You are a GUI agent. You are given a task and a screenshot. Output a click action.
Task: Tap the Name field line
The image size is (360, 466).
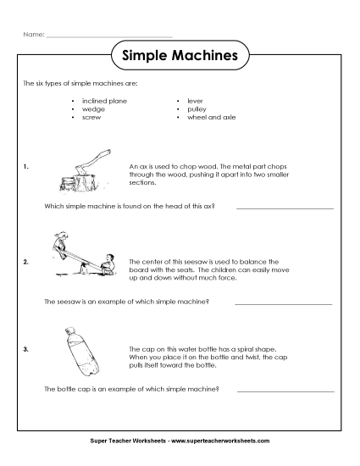coord(108,36)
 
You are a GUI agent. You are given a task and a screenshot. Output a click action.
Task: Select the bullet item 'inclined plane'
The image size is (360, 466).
coord(103,100)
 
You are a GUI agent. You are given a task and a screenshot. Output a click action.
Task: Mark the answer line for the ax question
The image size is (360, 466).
coord(285,208)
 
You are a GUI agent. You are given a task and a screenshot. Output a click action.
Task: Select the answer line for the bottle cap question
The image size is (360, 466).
coord(285,391)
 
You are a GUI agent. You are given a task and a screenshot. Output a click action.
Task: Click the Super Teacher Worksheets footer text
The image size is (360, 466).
coord(180,441)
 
